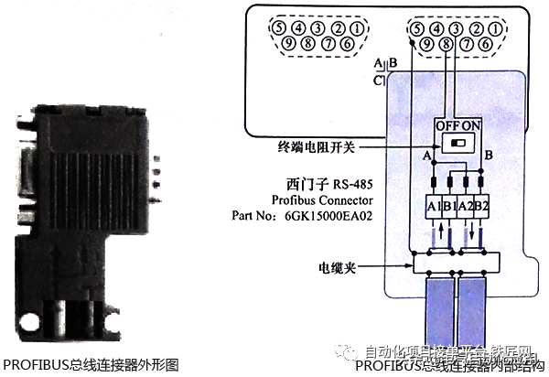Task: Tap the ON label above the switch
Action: pos(468,124)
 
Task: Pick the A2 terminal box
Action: pos(468,207)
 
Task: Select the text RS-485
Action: pos(350,183)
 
